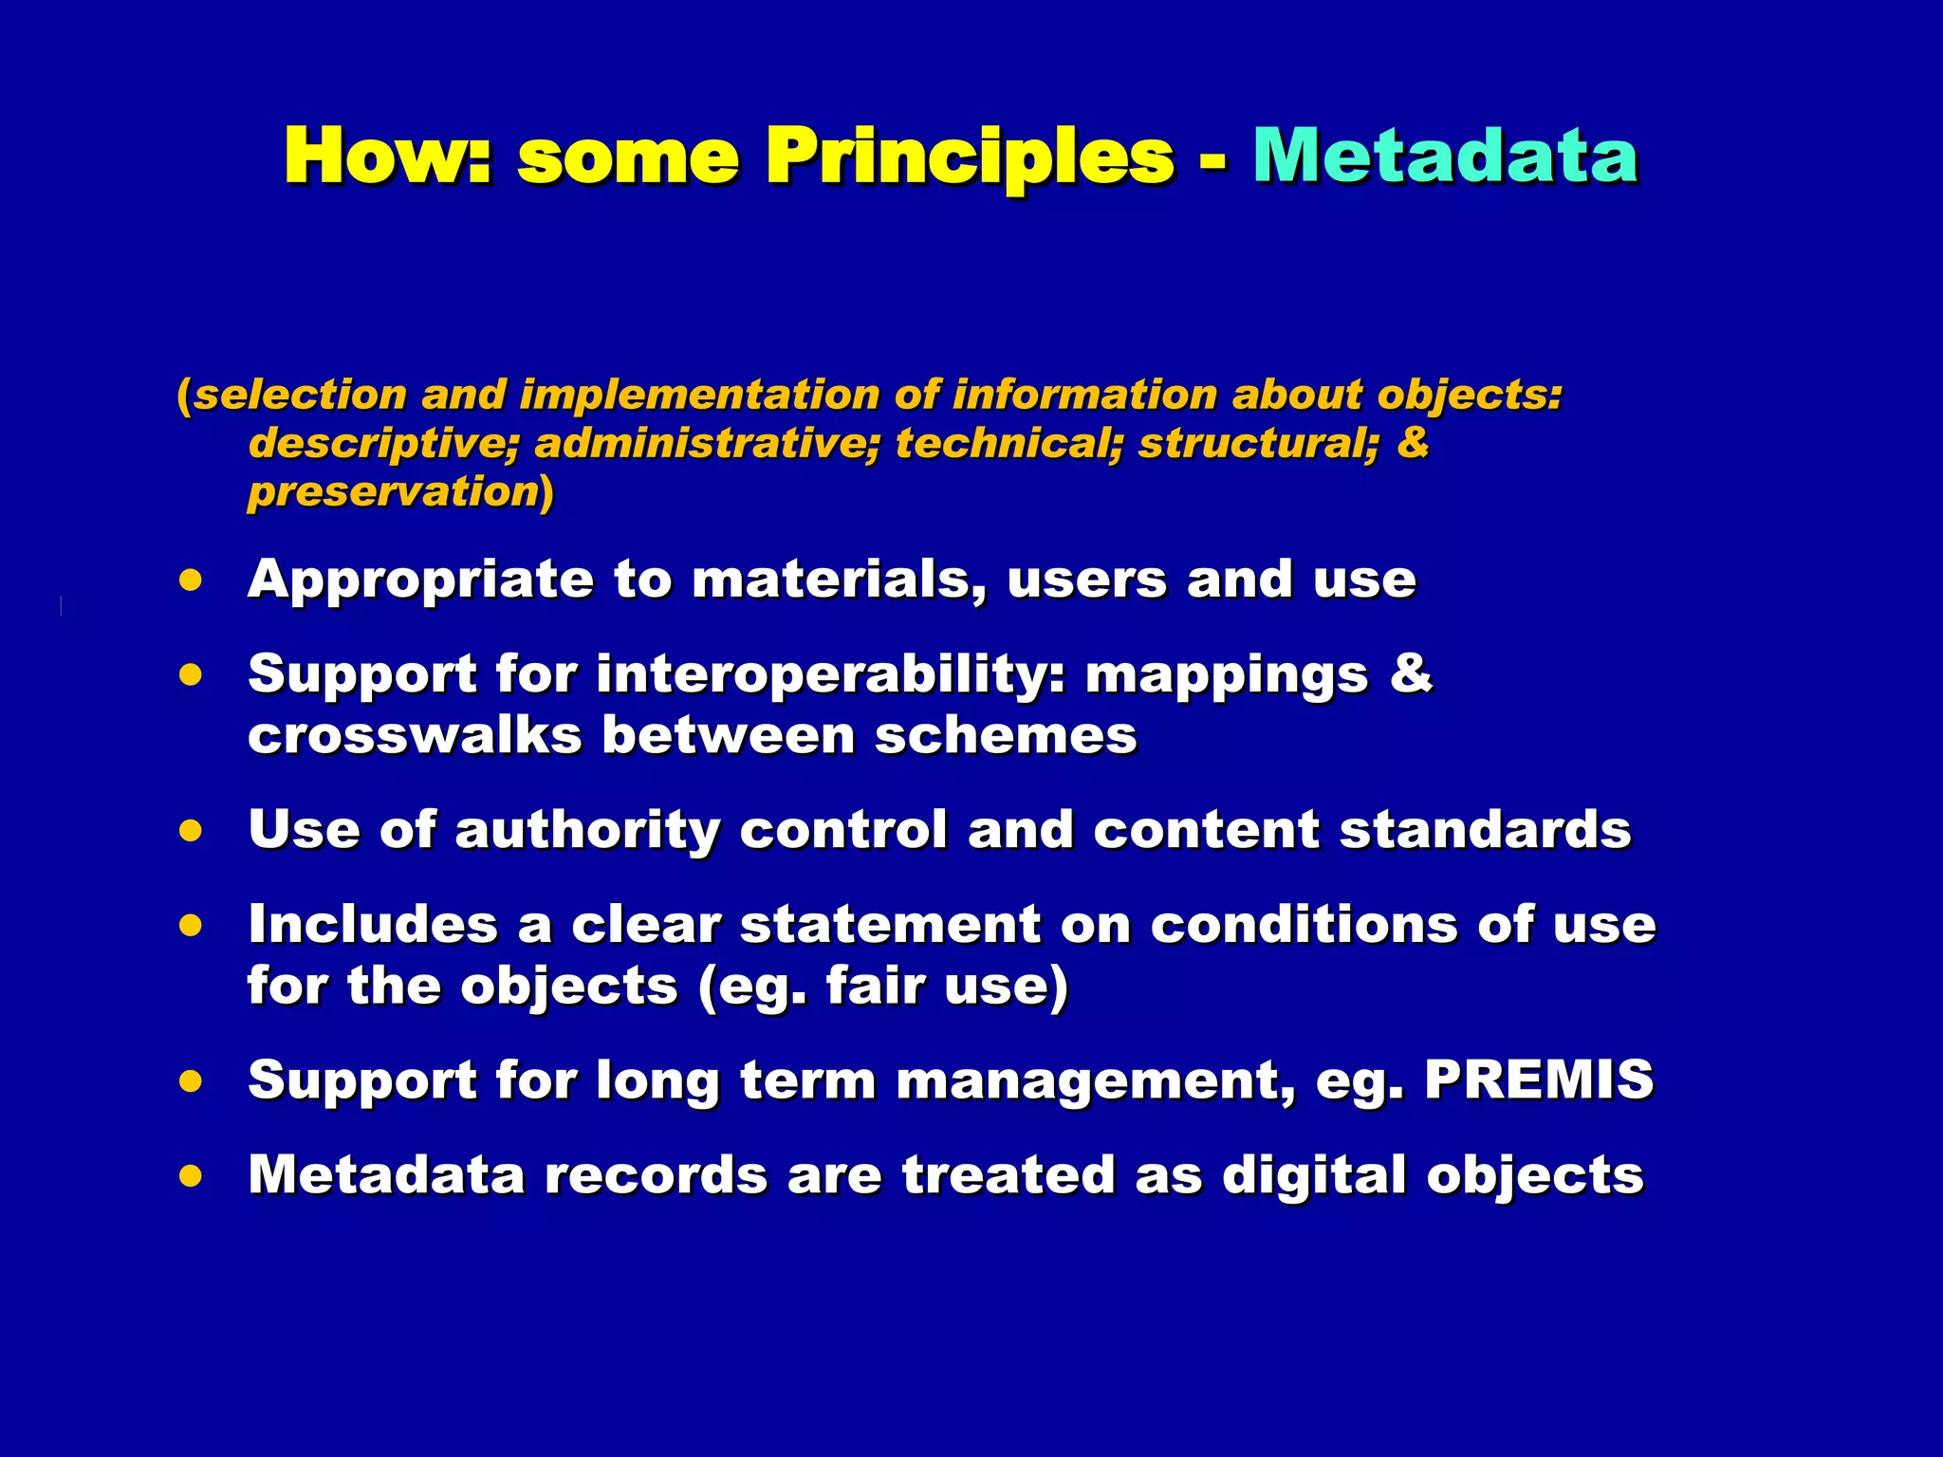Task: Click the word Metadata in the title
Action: [x=1445, y=157]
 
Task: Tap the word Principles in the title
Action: [x=970, y=157]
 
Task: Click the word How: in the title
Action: [x=388, y=157]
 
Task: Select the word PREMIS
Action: [x=1539, y=1079]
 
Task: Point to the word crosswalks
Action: [x=415, y=735]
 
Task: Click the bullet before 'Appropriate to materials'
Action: [x=191, y=580]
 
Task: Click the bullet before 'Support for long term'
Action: [x=191, y=1080]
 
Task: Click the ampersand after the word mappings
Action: [x=1411, y=673]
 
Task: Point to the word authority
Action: [x=587, y=831]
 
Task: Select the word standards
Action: [x=1485, y=830]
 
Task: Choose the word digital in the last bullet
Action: [x=1314, y=1175]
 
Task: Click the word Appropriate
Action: [x=420, y=580]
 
